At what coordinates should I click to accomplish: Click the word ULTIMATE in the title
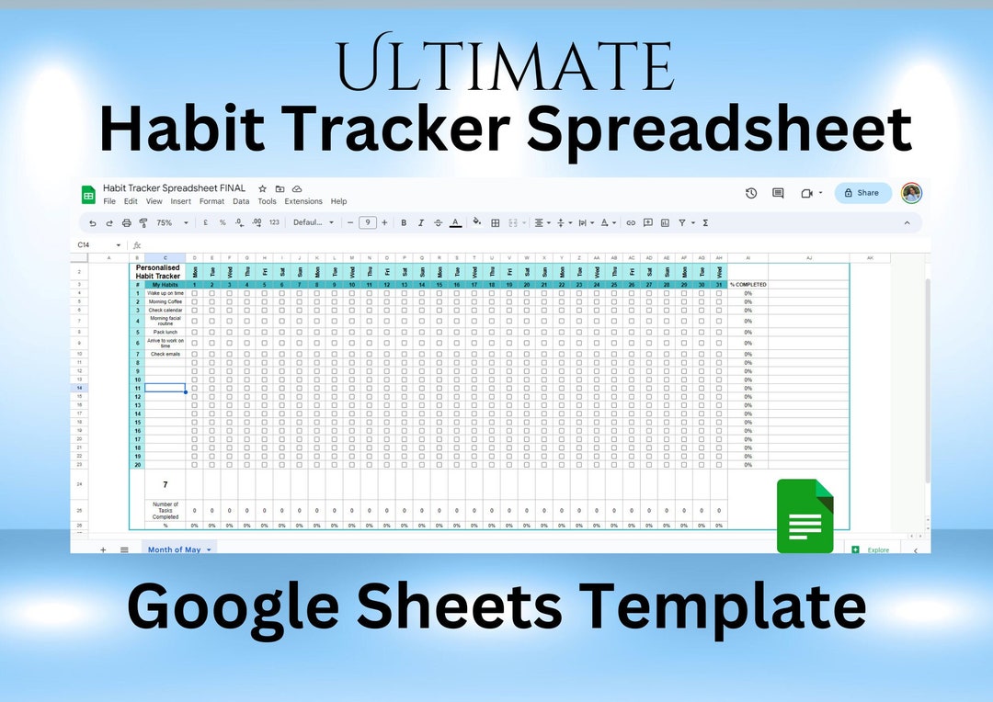(x=505, y=63)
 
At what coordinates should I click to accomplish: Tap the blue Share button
(x=862, y=193)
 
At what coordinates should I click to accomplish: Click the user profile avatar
(x=911, y=193)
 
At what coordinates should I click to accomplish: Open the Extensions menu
(x=303, y=201)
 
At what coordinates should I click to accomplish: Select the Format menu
(x=211, y=201)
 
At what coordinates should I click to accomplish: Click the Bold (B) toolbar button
(x=404, y=222)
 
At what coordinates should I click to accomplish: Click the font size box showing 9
(x=367, y=222)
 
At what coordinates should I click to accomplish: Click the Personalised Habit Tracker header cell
(x=158, y=272)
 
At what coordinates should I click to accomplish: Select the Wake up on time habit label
(x=165, y=293)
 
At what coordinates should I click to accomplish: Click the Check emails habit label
(x=165, y=354)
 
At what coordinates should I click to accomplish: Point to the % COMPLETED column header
(x=748, y=285)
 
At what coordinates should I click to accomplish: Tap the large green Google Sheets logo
(x=805, y=516)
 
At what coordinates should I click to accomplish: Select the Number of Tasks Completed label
(x=165, y=510)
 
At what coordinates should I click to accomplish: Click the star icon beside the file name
(x=263, y=188)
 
